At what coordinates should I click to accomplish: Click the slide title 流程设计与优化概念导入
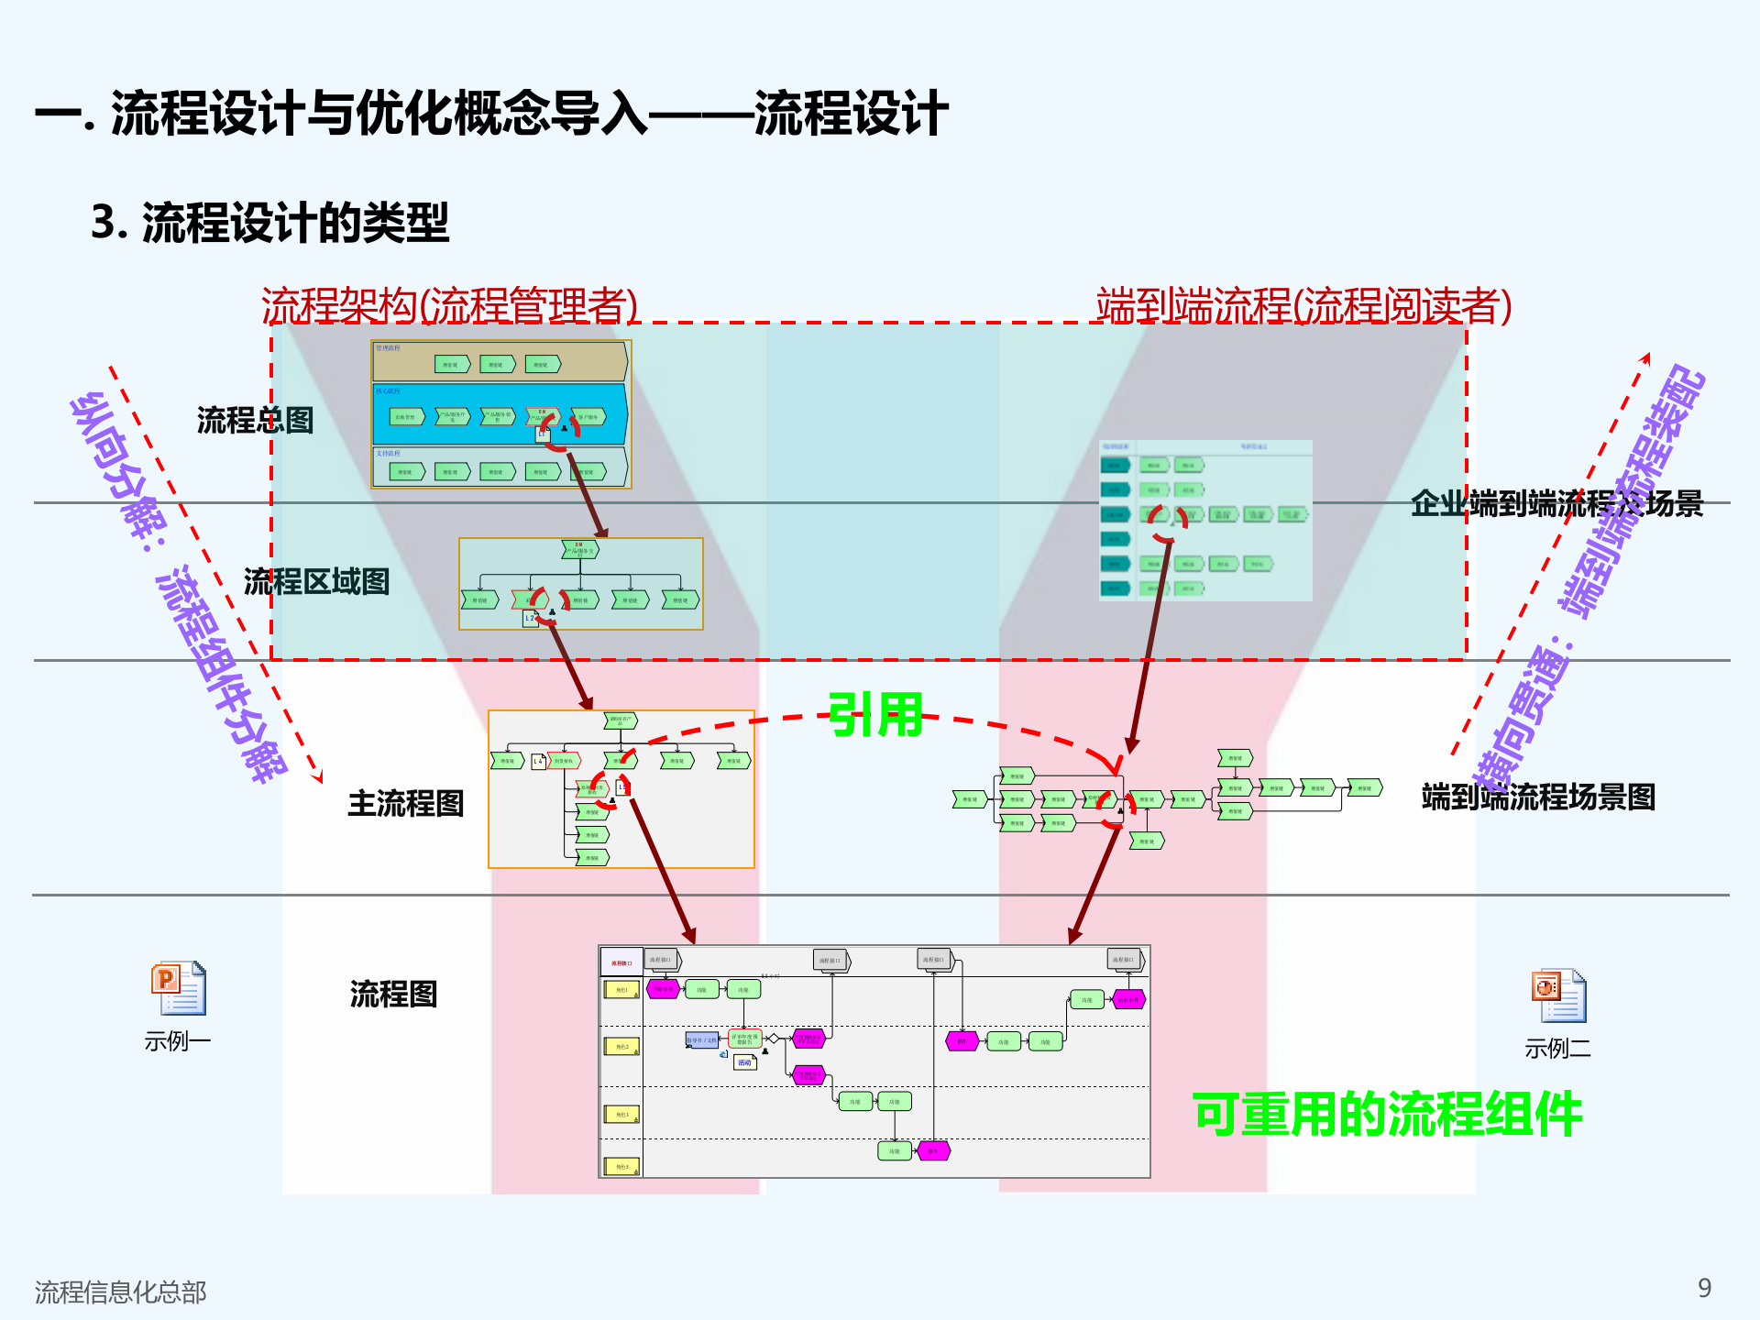491,114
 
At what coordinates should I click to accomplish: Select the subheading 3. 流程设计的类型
270,223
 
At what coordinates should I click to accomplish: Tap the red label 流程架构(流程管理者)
449,305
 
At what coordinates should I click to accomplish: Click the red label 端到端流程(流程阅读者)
1303,305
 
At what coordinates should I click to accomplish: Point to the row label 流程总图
255,421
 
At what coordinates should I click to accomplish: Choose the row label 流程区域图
316,581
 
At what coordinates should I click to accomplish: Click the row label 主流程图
405,804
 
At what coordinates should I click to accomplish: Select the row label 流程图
393,994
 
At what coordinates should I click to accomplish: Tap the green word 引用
875,715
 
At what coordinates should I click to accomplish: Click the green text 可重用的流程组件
1387,1115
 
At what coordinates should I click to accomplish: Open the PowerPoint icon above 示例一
179,988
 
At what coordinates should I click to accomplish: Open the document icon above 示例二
1558,996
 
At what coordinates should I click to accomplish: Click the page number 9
1704,1288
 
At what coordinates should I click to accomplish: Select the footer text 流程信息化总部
120,1292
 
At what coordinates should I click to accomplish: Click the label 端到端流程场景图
1538,797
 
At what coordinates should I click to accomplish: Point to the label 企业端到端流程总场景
1556,503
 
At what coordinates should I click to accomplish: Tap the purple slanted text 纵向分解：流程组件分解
179,587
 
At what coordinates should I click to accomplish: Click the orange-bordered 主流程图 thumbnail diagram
621,789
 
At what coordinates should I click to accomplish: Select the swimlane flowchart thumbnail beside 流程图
874,1061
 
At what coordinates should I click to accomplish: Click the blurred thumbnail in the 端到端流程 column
1205,521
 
